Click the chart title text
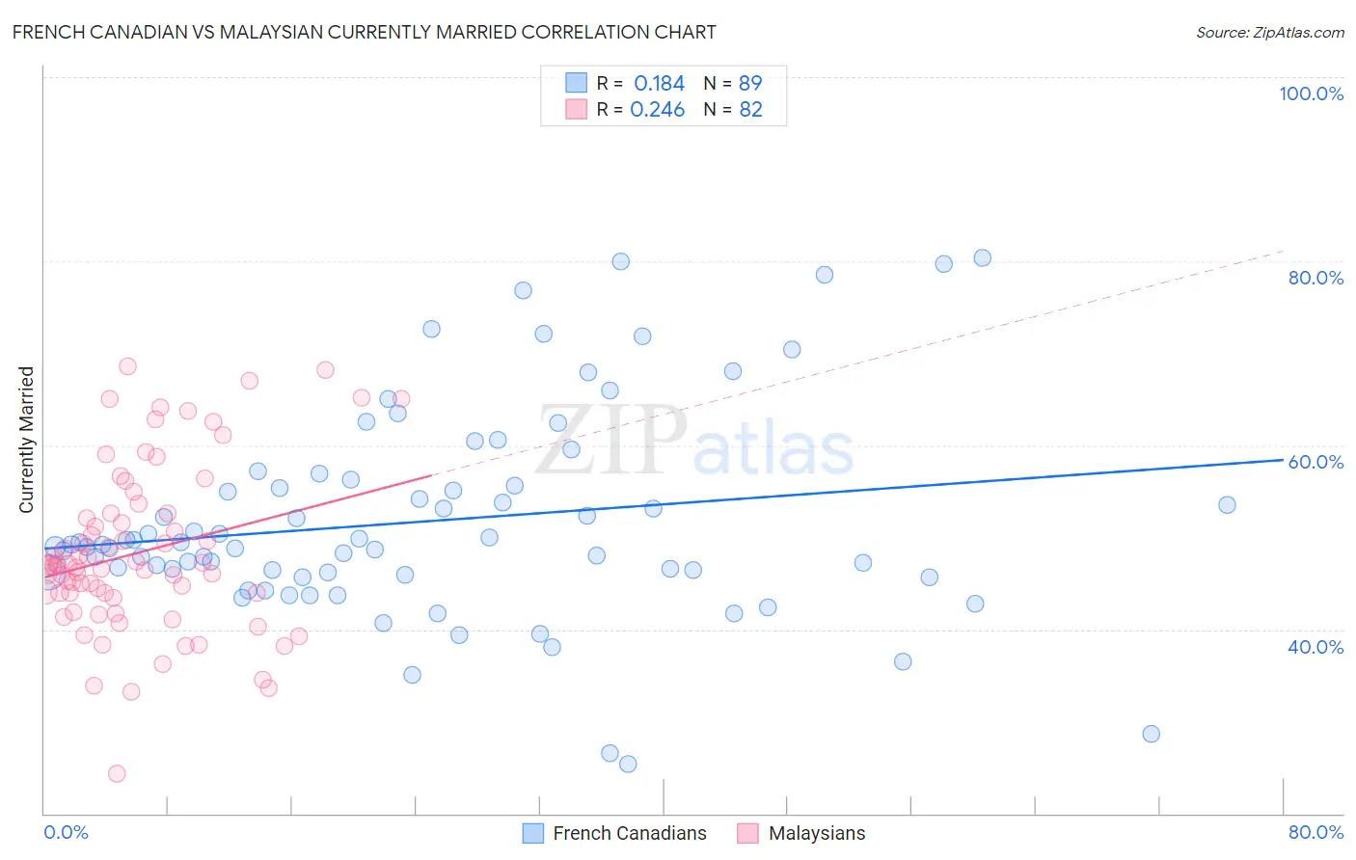(364, 32)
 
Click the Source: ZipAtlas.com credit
(1269, 33)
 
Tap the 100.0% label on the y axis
(1311, 94)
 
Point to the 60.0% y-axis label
(1315, 462)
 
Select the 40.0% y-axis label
(1315, 647)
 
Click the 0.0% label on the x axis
(66, 832)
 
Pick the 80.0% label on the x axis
(1315, 832)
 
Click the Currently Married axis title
(26, 440)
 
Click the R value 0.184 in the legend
(659, 84)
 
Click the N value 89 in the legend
(750, 84)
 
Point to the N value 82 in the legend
(750, 110)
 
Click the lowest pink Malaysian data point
(117, 773)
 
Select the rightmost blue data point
(1227, 505)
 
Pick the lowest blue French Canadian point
(628, 764)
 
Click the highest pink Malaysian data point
(127, 366)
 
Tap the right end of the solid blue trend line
(1283, 460)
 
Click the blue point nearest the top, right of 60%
(982, 257)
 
